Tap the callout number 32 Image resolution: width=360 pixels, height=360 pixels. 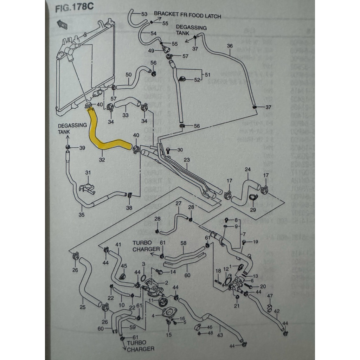(x=102, y=160)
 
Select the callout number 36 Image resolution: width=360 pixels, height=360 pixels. (x=230, y=46)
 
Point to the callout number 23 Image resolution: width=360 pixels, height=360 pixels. (x=186, y=160)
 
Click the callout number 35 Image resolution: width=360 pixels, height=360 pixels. (x=82, y=215)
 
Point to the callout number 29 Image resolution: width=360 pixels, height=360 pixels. (x=252, y=210)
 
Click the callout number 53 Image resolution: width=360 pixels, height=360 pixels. (x=144, y=14)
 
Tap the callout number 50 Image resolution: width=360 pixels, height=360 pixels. (x=128, y=75)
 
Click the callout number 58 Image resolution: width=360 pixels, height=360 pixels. (x=183, y=243)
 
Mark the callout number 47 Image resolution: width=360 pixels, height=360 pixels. (x=270, y=296)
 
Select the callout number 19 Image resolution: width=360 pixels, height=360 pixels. (x=255, y=242)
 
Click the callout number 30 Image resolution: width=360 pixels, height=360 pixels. (x=180, y=150)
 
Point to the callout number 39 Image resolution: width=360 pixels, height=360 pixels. (x=82, y=148)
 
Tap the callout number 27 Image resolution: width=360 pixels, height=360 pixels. (x=178, y=204)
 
